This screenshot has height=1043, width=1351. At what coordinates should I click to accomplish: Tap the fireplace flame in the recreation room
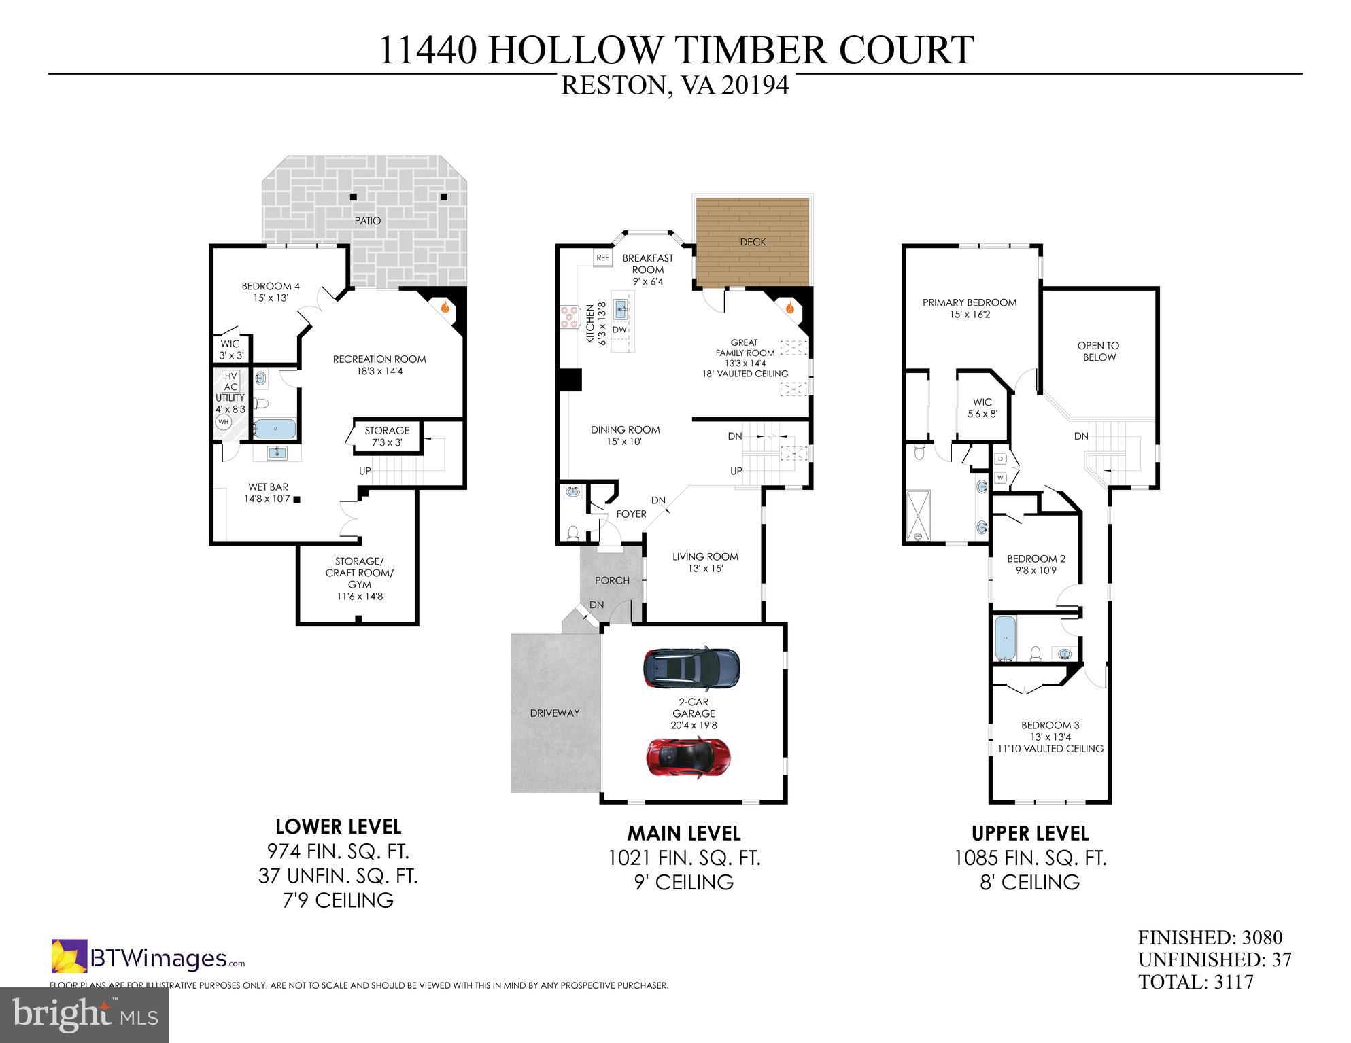click(445, 307)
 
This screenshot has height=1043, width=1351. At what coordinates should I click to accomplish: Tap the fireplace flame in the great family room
click(789, 308)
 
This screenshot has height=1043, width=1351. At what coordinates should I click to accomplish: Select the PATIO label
click(367, 221)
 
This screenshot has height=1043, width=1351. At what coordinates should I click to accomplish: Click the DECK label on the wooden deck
click(753, 242)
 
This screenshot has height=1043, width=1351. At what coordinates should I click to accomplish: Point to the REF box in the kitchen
click(602, 258)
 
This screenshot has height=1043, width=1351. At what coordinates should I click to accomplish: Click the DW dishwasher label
click(619, 330)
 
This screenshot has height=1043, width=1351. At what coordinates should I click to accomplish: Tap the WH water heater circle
click(223, 422)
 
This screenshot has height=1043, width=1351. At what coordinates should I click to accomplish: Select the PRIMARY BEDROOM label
click(969, 302)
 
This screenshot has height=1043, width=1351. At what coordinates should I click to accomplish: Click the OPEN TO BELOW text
click(1098, 351)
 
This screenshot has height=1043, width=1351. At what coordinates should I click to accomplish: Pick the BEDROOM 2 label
click(1036, 559)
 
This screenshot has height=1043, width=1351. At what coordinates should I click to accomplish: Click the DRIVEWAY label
click(555, 713)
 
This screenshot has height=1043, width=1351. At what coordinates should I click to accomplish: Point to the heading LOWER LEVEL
click(338, 827)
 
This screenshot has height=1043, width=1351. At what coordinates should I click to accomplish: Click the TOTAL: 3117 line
click(1195, 982)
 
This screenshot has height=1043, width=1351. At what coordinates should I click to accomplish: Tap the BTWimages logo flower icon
click(69, 956)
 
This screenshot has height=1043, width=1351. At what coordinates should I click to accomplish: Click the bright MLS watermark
click(84, 1014)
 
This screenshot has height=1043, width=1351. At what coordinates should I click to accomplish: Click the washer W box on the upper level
click(1000, 478)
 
